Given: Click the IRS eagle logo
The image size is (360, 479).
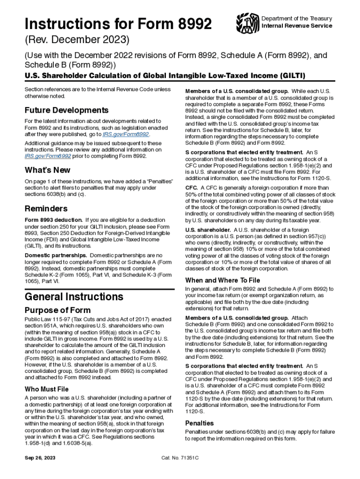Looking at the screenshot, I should click(x=247, y=22).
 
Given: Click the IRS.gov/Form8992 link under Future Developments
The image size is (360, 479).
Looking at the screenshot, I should click(x=126, y=134).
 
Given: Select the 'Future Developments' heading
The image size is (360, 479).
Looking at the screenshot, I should click(x=66, y=110).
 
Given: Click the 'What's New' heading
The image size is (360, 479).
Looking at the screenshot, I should click(x=47, y=170).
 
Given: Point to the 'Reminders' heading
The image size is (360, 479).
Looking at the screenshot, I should click(x=46, y=208).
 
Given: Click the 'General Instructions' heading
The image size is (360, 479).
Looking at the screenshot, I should click(x=74, y=297).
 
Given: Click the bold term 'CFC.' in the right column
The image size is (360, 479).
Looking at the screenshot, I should click(x=192, y=188).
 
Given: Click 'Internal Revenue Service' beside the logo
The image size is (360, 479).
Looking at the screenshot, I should click(x=296, y=26).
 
